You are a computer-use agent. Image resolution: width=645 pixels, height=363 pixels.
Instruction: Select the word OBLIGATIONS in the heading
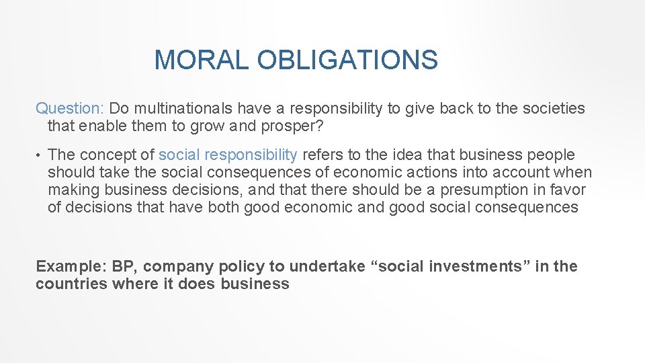coord(347,61)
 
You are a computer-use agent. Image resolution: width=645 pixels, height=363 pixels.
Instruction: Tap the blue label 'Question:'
coord(70,108)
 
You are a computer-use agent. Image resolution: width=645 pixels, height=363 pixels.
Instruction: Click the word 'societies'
coord(550,108)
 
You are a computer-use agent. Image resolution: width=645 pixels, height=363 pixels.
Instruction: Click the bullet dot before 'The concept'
coord(39,156)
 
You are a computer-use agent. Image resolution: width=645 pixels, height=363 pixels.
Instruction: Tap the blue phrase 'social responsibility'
coord(228,155)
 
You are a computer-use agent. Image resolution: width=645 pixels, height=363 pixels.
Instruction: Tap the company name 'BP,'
coord(124,266)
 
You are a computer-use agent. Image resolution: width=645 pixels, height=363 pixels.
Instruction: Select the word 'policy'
coord(239,266)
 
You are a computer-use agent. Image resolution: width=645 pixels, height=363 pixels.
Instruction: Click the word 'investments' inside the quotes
coord(475,266)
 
